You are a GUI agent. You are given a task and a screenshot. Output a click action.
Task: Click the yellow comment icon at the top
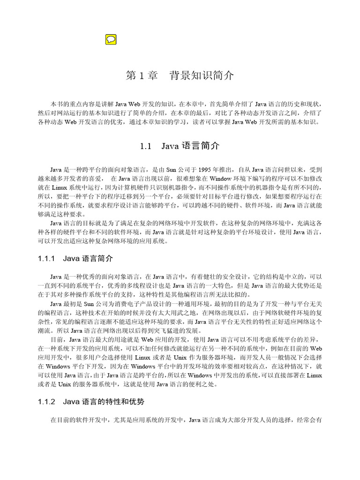111,39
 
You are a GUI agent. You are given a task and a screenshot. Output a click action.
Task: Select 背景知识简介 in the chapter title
201,75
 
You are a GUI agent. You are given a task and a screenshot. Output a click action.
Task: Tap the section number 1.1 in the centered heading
146,146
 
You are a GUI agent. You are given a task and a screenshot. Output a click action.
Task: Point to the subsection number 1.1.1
46,258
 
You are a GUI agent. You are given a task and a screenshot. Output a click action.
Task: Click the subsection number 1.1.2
46,402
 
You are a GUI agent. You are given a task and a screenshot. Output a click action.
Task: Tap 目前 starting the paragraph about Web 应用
56,339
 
